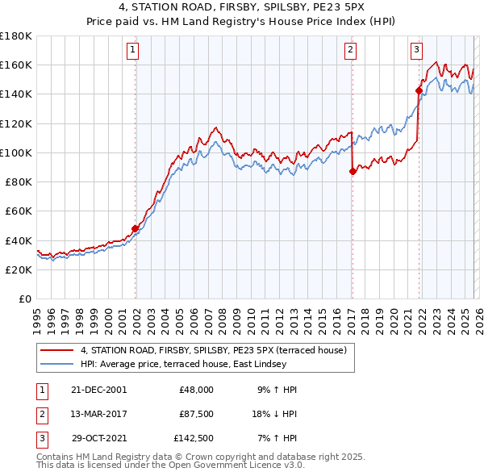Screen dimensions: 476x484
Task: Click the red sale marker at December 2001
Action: [x=136, y=228]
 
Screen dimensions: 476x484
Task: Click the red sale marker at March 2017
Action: [x=353, y=171]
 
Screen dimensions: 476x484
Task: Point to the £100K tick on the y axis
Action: [x=15, y=152]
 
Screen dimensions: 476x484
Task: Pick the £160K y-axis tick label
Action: [x=15, y=65]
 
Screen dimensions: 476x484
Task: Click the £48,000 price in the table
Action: [x=196, y=389]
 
